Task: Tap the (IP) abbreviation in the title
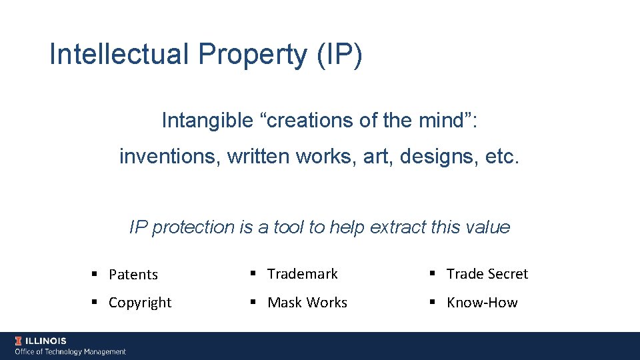pyautogui.click(x=340, y=55)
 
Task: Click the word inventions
pyautogui.click(x=169, y=157)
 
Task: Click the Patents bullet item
pyautogui.click(x=133, y=275)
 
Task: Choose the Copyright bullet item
pyautogui.click(x=140, y=303)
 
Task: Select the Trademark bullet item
pyautogui.click(x=303, y=274)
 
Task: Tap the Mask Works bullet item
pyautogui.click(x=307, y=303)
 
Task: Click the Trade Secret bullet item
pyautogui.click(x=487, y=274)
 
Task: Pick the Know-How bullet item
pyautogui.click(x=482, y=303)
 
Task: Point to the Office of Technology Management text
pyautogui.click(x=71, y=351)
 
